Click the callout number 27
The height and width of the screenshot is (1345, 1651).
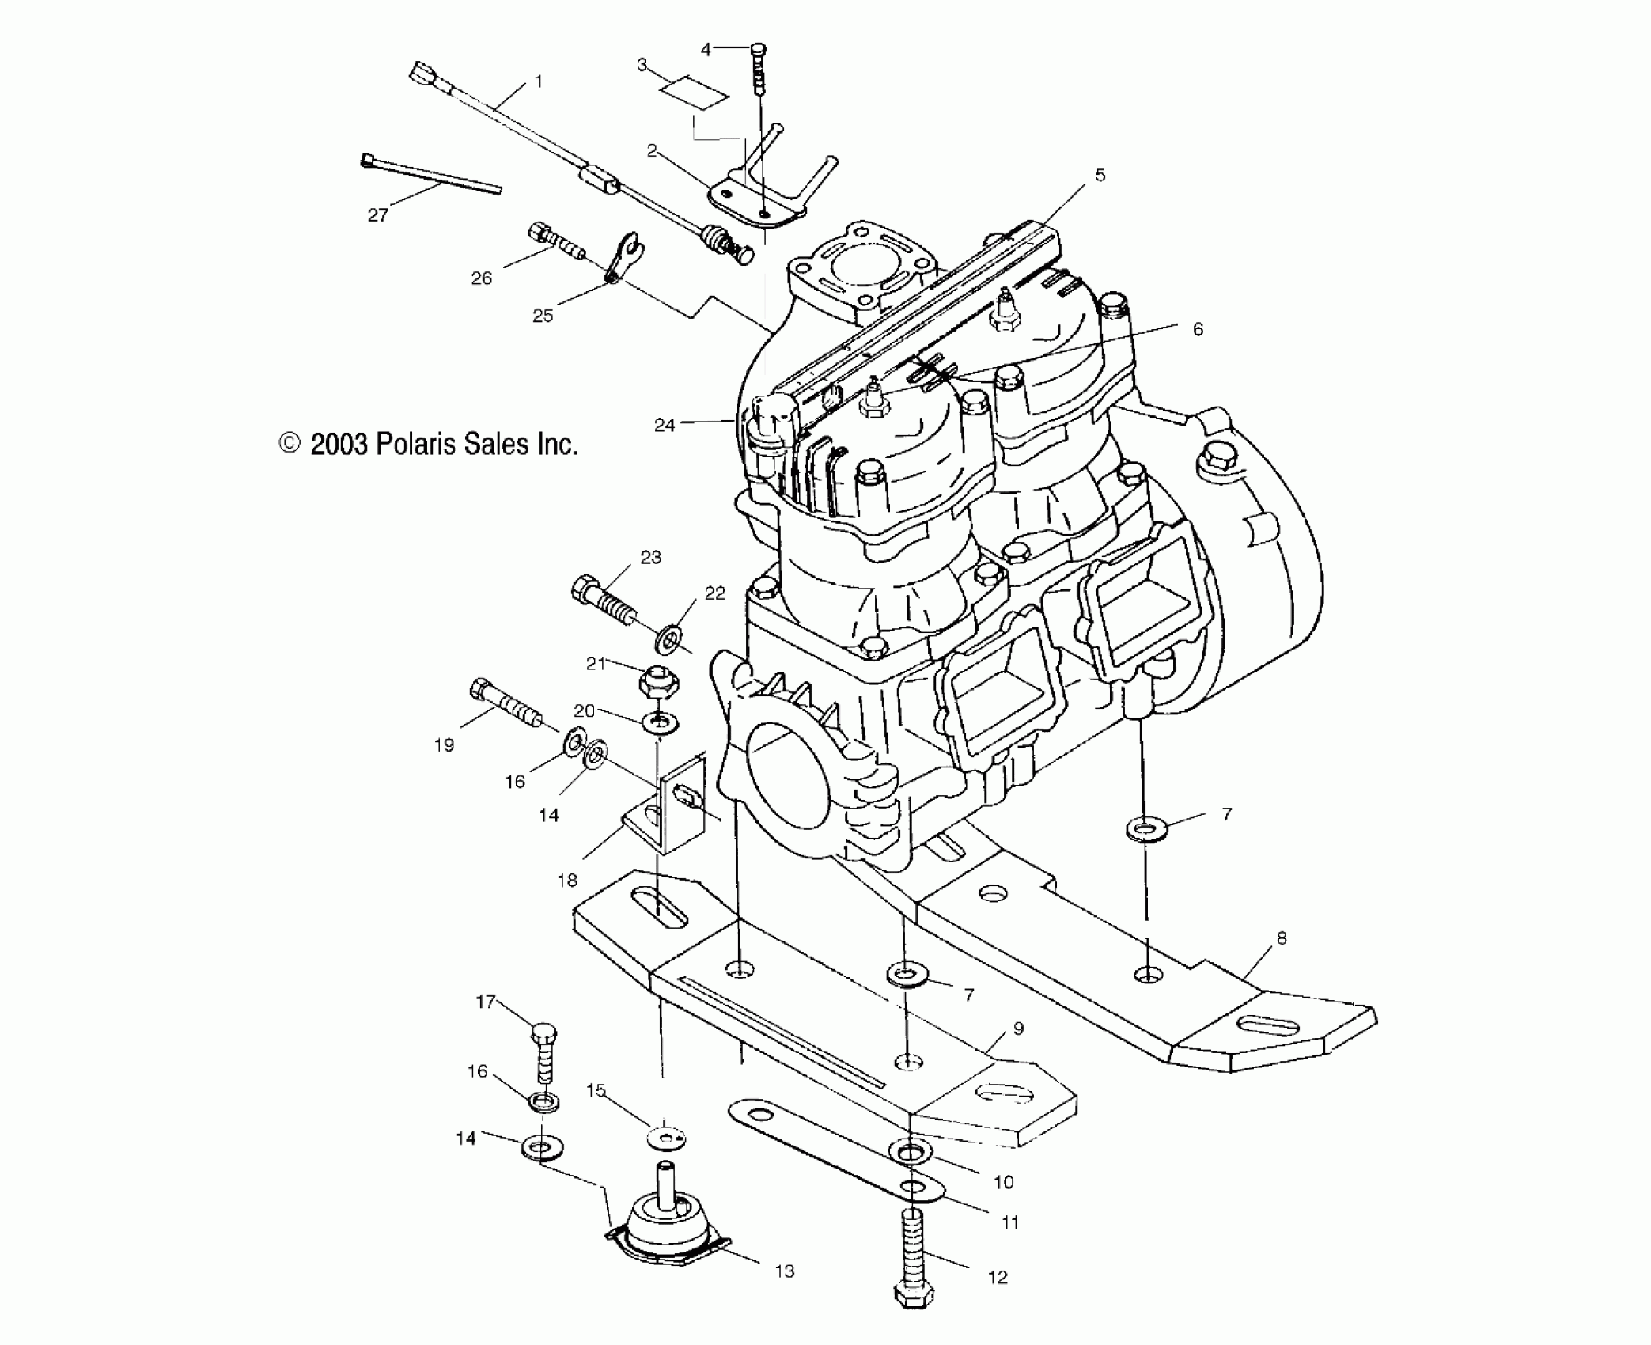click(377, 215)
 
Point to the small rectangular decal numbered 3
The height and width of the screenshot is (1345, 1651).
click(695, 92)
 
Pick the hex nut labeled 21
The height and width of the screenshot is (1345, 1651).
click(659, 681)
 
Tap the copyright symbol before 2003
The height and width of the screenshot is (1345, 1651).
click(290, 444)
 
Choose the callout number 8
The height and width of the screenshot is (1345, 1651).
click(1281, 938)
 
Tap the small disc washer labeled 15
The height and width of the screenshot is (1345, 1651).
click(665, 1138)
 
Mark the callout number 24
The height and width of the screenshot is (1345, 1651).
click(664, 426)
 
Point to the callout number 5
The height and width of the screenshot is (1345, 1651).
click(1100, 175)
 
